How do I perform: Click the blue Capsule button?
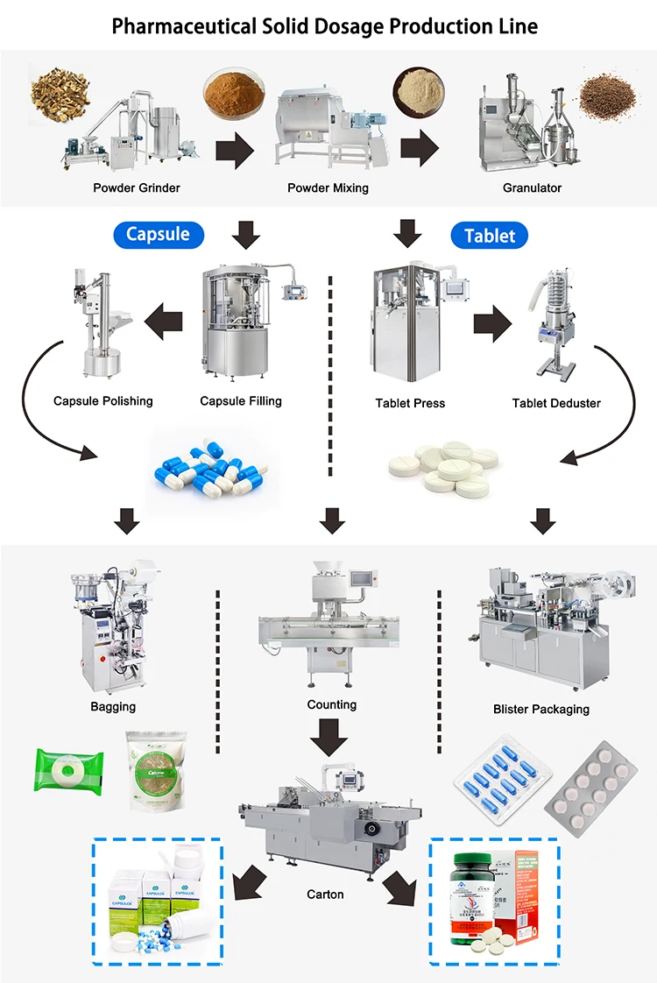pyautogui.click(x=159, y=234)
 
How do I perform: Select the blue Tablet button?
pyautogui.click(x=490, y=236)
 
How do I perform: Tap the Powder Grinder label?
pyautogui.click(x=138, y=187)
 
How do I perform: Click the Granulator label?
pyautogui.click(x=532, y=187)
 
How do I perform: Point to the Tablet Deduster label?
pyautogui.click(x=556, y=404)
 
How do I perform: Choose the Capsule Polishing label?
pyautogui.click(x=103, y=401)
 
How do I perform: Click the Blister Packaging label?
pyautogui.click(x=540, y=709)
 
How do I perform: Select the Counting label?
pyautogui.click(x=331, y=704)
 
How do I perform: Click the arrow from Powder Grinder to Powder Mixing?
pyautogui.click(x=235, y=149)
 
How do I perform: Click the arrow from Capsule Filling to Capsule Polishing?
pyautogui.click(x=163, y=322)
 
